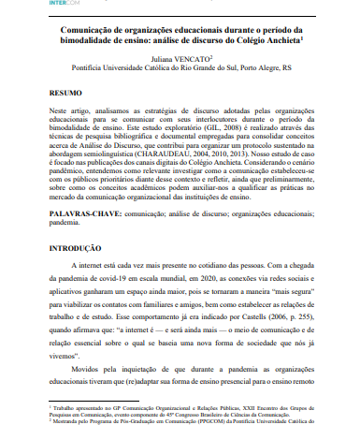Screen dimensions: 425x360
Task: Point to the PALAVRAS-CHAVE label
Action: click(85, 213)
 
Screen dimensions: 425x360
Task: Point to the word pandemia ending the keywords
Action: click(66, 225)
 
